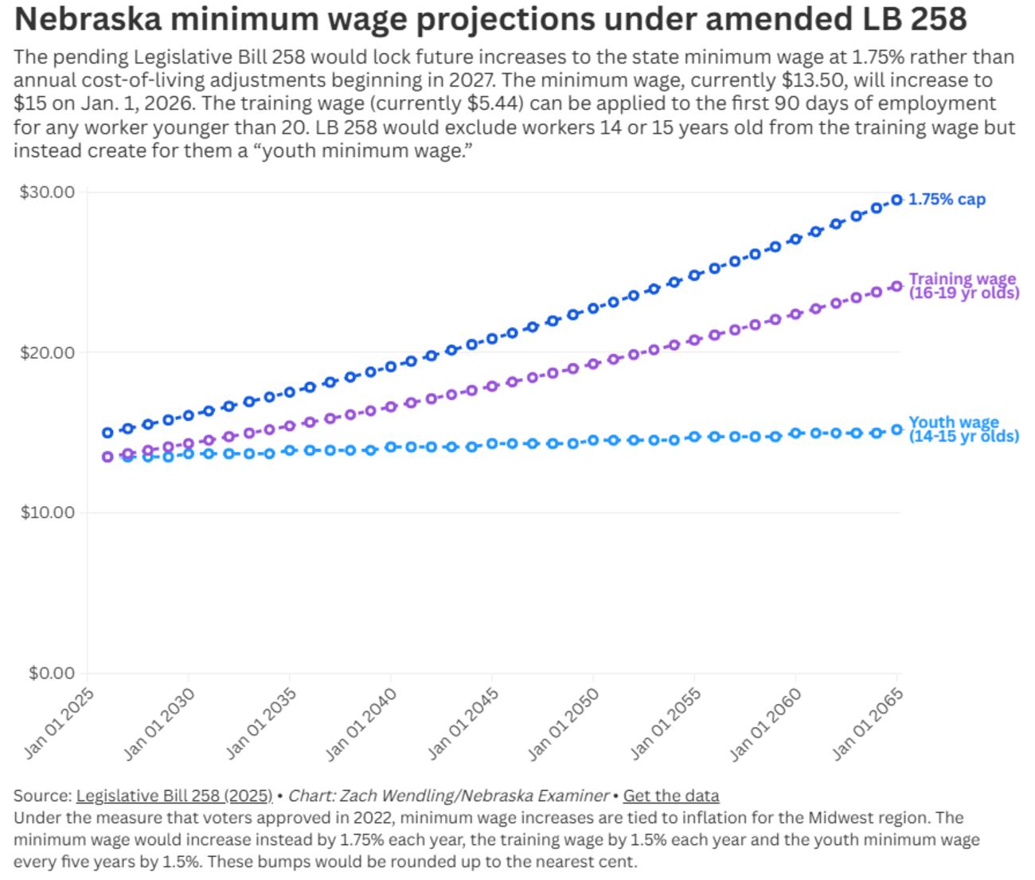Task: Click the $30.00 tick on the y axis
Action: (x=47, y=192)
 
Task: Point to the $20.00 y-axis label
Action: (x=47, y=352)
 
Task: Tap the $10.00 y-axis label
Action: (x=47, y=512)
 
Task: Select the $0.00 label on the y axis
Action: (x=51, y=673)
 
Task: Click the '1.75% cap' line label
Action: (x=947, y=199)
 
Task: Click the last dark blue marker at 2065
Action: (x=896, y=200)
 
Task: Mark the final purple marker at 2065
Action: (x=896, y=286)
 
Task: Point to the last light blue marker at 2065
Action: (x=896, y=430)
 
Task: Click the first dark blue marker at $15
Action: (x=107, y=433)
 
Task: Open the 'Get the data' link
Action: (x=670, y=796)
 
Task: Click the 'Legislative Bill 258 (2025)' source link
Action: (x=174, y=796)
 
